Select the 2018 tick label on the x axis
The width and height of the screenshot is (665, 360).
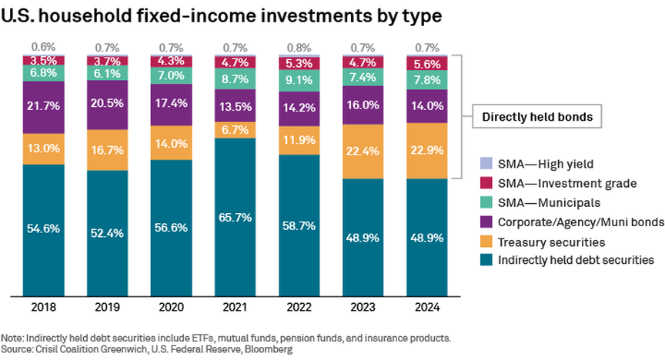(44, 308)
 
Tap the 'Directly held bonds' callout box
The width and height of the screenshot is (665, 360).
(536, 118)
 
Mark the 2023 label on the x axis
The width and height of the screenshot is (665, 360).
(364, 308)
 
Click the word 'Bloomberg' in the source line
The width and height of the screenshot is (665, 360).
(269, 349)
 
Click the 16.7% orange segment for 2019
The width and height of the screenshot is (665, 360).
(108, 150)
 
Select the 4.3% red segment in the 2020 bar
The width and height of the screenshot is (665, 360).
(172, 60)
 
